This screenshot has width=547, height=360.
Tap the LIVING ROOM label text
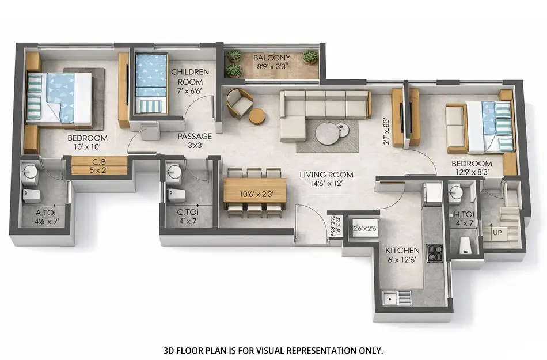[x=326, y=175]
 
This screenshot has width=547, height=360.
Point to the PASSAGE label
[x=195, y=137]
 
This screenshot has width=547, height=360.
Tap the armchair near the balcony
[x=239, y=103]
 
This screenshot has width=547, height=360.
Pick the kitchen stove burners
[x=434, y=252]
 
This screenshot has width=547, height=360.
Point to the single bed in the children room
[x=151, y=83]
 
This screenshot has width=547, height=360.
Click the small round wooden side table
[x=257, y=116]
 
